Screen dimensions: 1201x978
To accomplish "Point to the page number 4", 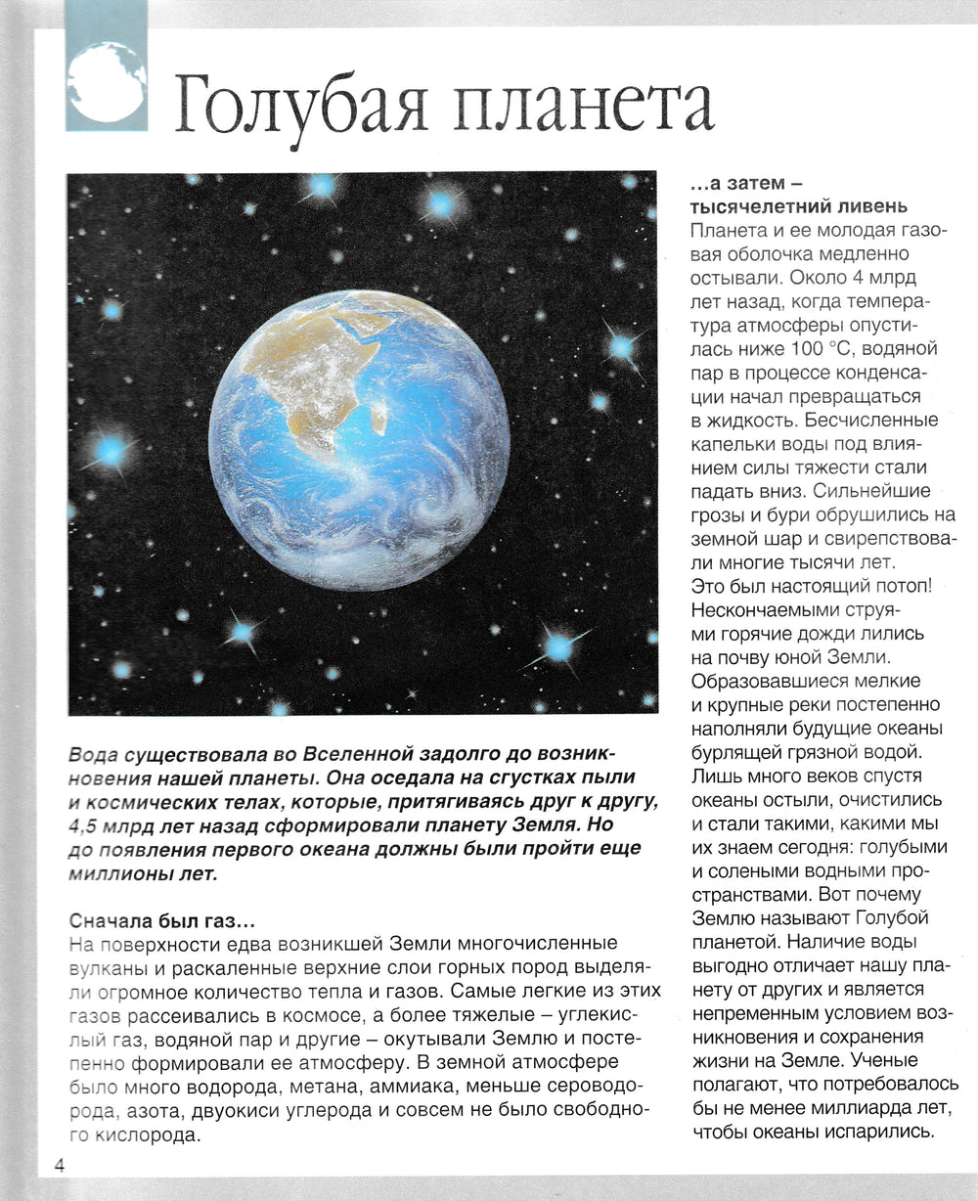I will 59,1165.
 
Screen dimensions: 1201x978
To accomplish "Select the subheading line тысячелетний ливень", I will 799,206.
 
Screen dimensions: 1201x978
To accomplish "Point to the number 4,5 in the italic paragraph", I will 85,824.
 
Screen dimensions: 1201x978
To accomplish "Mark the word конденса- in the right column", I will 872,373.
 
